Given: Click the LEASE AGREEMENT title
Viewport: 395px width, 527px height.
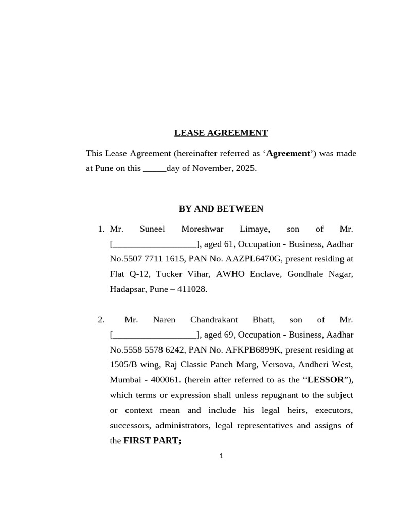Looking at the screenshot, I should point(221,133).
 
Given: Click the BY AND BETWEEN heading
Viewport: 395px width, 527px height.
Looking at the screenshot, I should point(221,208).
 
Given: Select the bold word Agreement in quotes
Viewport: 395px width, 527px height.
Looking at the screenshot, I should point(288,153).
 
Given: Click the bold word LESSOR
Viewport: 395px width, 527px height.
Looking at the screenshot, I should point(326,380).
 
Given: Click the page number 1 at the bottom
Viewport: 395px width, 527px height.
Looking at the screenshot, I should point(221,456).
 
